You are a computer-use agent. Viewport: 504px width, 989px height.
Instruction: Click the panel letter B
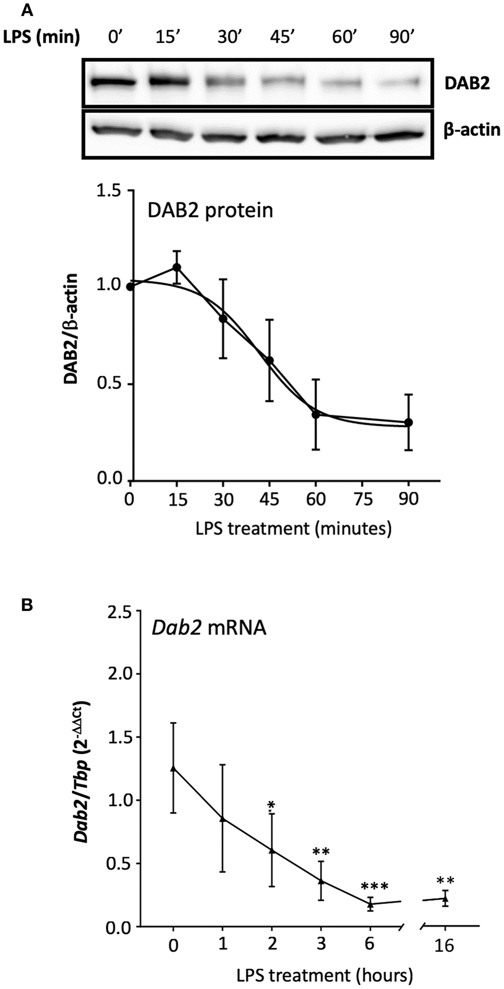click(x=27, y=605)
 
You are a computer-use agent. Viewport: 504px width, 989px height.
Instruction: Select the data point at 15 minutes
click(x=177, y=267)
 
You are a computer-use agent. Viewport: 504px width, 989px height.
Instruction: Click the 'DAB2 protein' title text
click(x=210, y=210)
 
